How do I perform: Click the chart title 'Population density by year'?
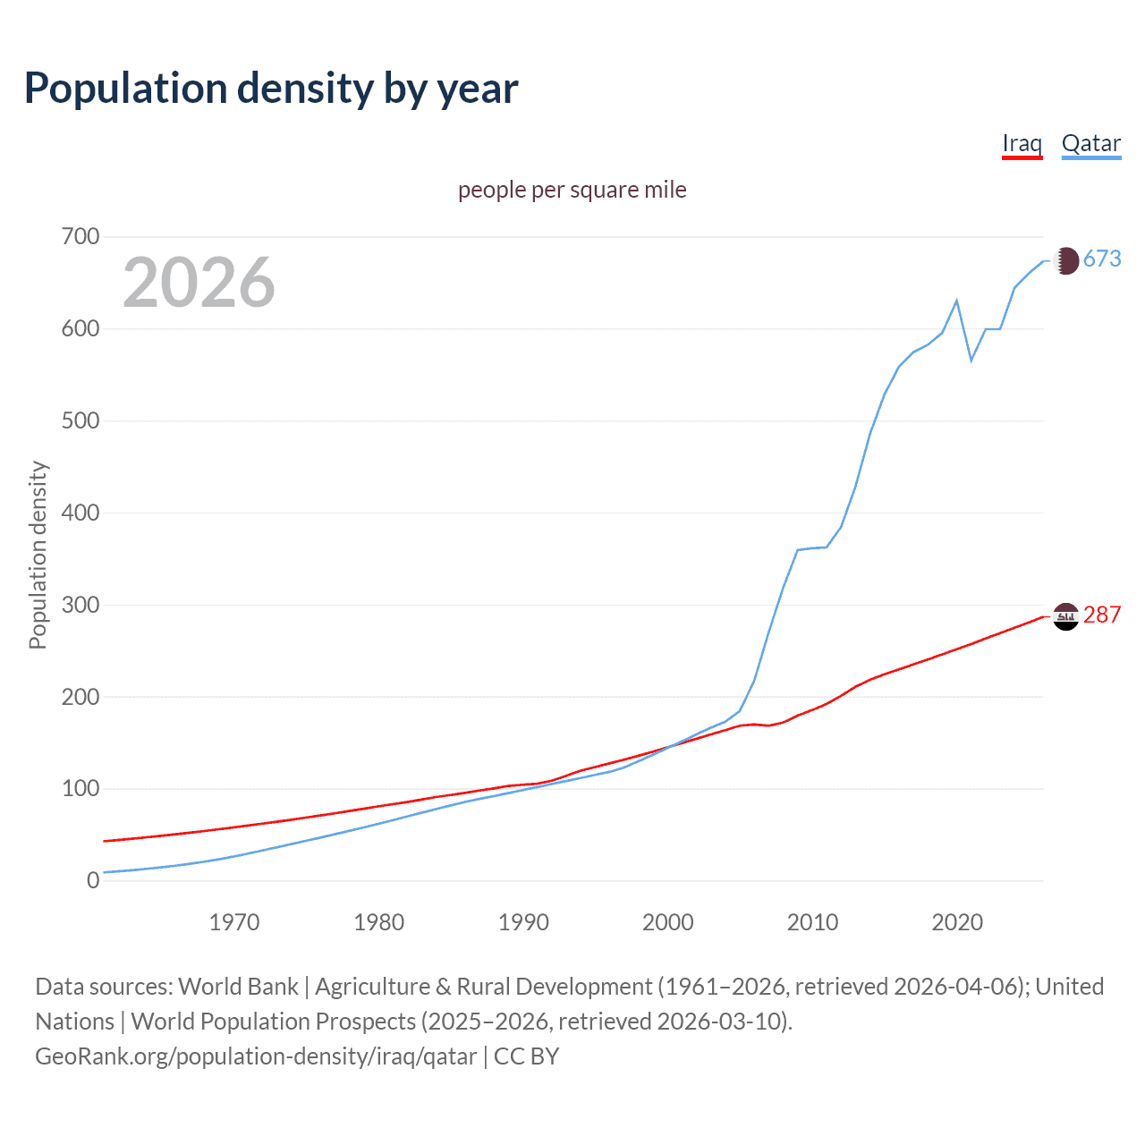pos(271,89)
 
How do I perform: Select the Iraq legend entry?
pos(1022,144)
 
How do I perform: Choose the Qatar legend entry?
pos(1090,144)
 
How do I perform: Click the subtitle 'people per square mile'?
pos(572,191)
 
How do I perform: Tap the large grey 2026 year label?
pos(199,283)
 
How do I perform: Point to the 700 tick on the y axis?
pos(80,237)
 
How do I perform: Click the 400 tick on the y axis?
pos(80,513)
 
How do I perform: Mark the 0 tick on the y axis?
pos(93,881)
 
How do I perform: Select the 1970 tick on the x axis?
pos(234,922)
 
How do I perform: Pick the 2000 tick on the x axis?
pos(668,922)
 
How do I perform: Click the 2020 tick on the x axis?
pos(957,922)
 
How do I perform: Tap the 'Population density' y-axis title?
pos(38,555)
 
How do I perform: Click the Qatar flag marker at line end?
pos(1065,260)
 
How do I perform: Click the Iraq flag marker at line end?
pos(1065,616)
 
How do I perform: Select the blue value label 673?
pos(1102,259)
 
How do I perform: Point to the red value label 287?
pos(1102,615)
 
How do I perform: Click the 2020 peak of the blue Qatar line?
pos(957,301)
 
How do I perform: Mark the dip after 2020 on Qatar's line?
pos(971,360)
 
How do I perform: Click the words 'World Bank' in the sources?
pos(238,987)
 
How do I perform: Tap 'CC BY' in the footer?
pos(526,1056)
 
